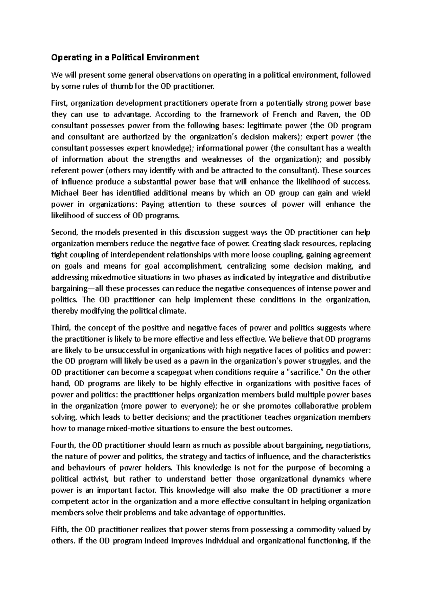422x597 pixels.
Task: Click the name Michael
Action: (66, 193)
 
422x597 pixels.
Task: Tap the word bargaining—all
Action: (77, 289)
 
